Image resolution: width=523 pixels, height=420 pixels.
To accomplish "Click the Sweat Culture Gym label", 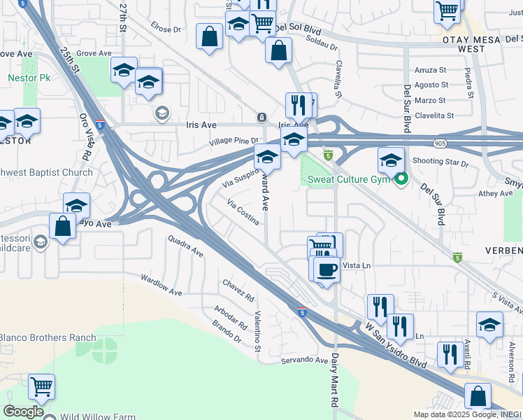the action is coord(348,180).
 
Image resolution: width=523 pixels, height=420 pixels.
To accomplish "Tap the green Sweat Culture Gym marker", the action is coord(401,180).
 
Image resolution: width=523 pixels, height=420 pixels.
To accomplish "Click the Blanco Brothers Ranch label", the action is coord(47,337).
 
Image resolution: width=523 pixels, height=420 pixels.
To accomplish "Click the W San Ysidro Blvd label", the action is coord(395,346).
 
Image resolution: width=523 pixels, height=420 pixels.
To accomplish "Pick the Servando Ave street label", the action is coord(304,360).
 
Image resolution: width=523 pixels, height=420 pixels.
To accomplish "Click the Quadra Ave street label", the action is coord(185,246).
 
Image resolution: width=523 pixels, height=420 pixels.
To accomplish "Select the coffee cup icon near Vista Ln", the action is coord(326,269).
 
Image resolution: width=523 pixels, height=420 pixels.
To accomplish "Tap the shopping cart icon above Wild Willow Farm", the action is coord(42,385).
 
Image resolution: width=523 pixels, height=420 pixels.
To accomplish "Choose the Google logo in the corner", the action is coord(23,411).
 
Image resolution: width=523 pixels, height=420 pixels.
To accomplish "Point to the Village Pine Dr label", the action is coord(234,141).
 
